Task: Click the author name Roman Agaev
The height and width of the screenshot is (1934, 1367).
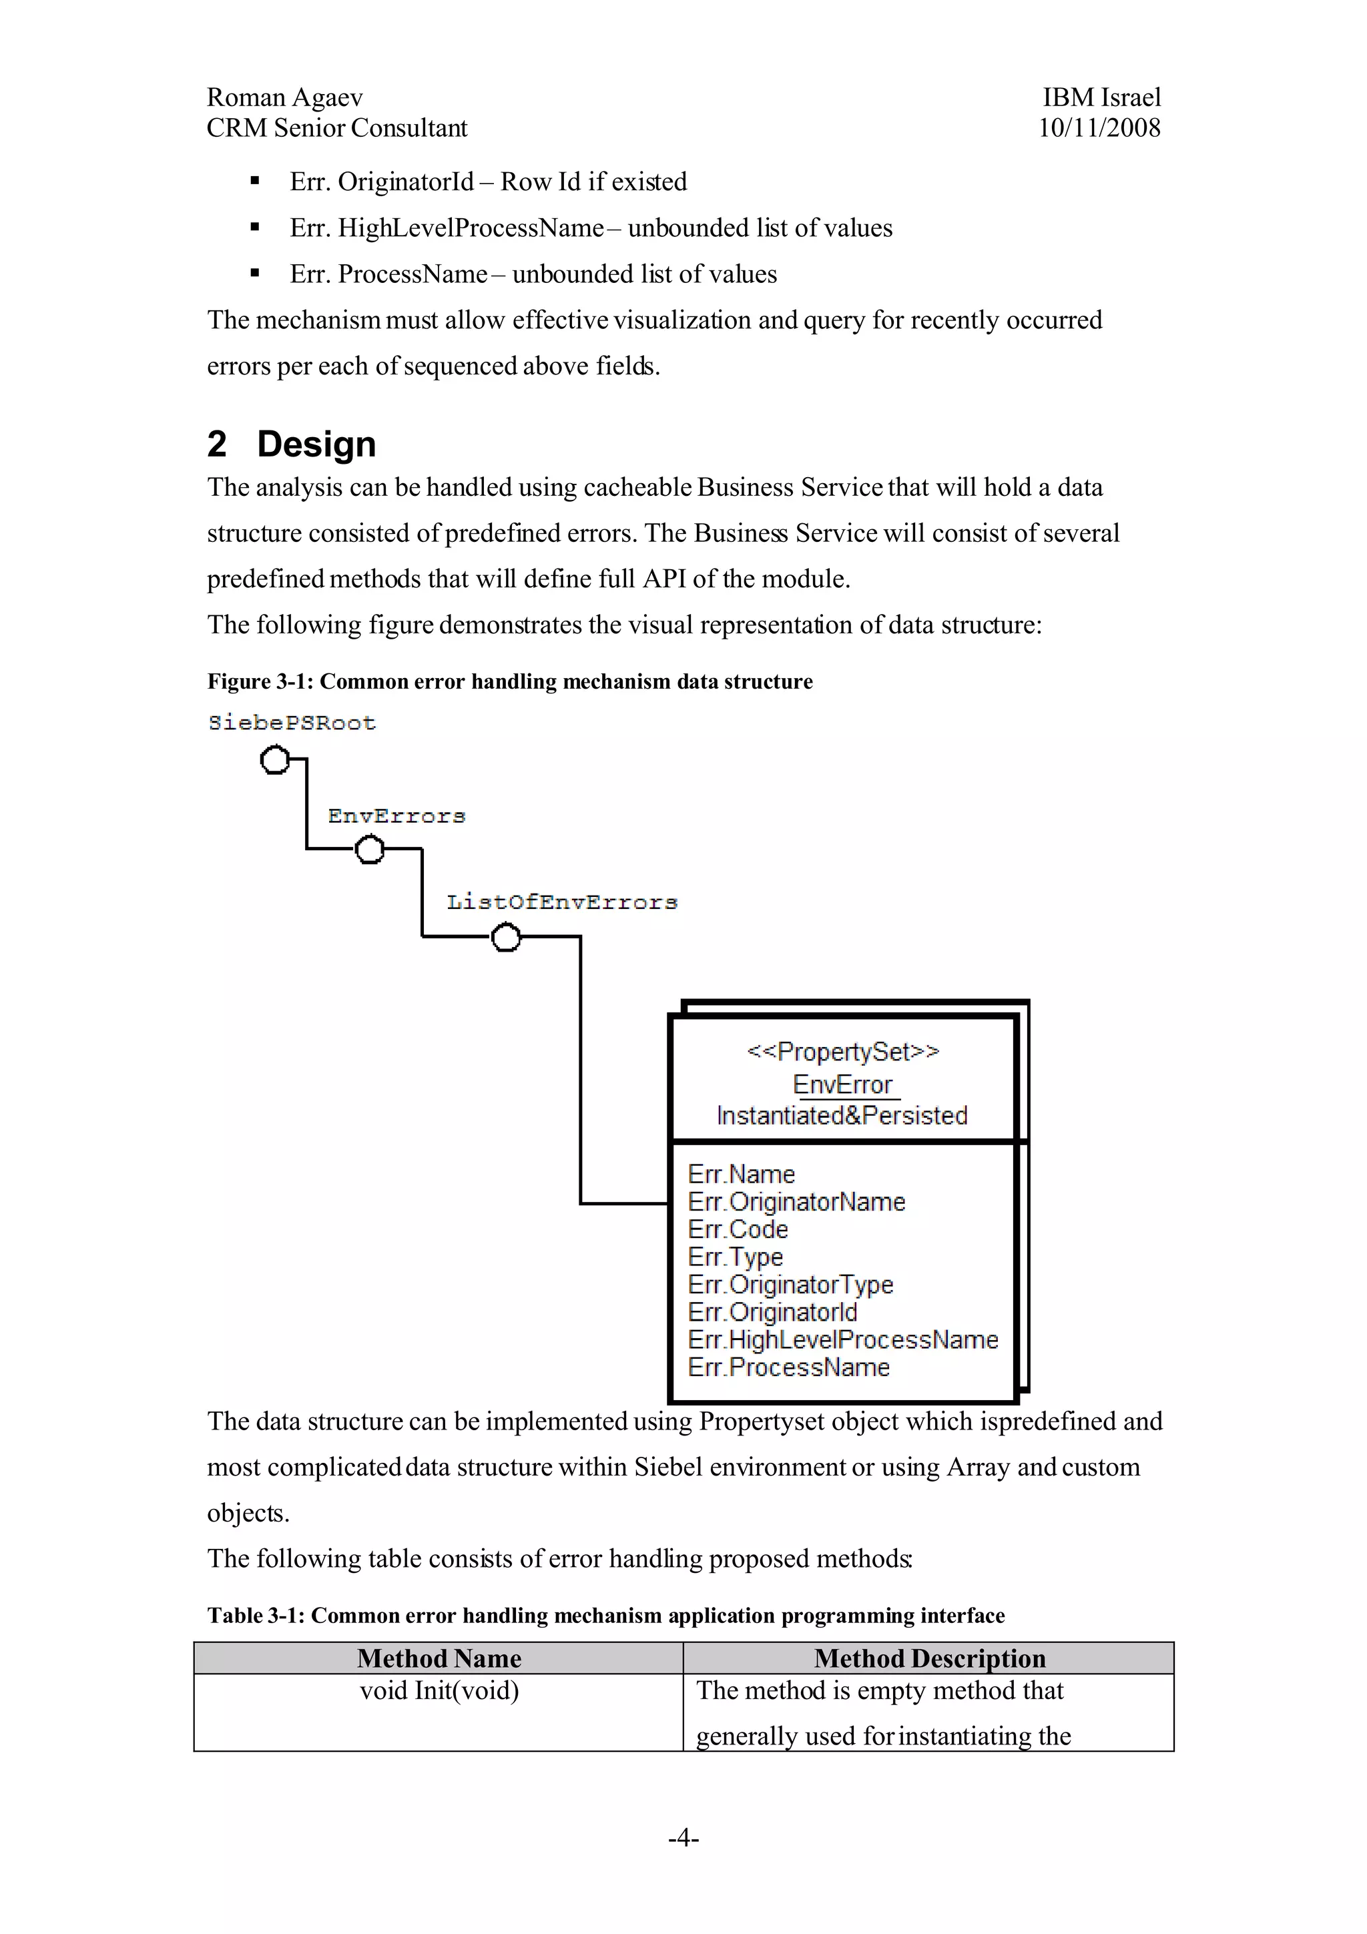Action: point(285,97)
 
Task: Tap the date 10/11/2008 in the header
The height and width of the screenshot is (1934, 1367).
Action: point(1099,128)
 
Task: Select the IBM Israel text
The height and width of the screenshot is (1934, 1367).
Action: point(1101,97)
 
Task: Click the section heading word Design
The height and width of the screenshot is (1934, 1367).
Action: point(316,444)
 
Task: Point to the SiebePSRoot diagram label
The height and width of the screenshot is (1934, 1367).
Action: point(292,723)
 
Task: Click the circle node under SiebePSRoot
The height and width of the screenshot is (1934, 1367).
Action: point(274,759)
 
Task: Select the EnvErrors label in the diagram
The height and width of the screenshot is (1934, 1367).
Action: point(396,816)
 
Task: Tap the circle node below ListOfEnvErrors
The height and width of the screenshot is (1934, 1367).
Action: point(505,937)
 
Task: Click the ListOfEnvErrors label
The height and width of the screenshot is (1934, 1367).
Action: point(562,902)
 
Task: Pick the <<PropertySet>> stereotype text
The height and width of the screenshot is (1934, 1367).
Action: point(842,1051)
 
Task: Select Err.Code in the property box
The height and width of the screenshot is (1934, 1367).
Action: point(738,1229)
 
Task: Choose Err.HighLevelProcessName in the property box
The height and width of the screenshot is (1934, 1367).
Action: point(842,1339)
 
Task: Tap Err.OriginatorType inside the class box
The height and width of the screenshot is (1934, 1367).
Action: point(790,1285)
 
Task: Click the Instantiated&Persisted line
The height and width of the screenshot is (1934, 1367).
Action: point(842,1115)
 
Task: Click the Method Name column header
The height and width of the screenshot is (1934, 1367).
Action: point(439,1658)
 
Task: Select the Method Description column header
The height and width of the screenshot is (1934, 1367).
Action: point(929,1658)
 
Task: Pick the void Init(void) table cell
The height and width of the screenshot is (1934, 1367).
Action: point(439,1690)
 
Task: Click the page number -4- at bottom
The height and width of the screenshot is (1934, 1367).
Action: point(683,1837)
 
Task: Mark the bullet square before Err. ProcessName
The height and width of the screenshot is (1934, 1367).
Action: point(254,273)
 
